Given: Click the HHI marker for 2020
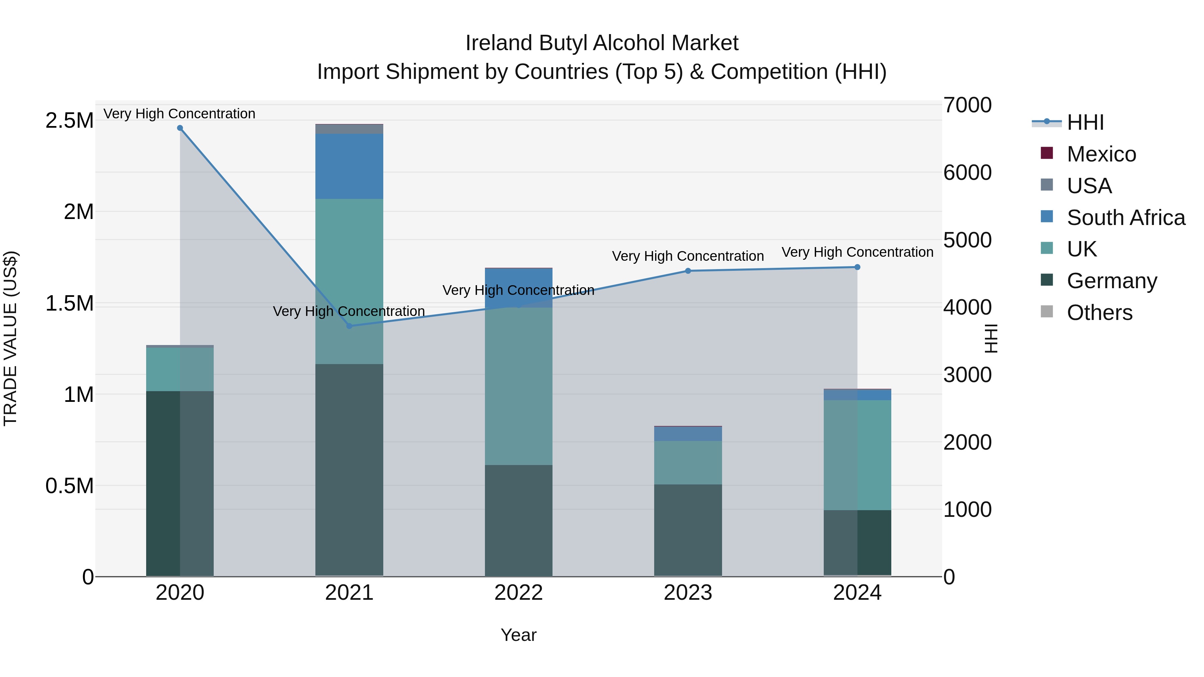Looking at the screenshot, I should click(x=180, y=128).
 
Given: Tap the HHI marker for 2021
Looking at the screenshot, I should click(x=349, y=326).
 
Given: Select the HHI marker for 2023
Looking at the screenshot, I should click(x=688, y=271).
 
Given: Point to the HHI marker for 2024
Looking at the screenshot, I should click(x=857, y=267).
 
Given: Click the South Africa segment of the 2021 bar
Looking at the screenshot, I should click(x=349, y=166).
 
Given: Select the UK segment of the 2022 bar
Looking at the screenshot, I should click(x=518, y=386).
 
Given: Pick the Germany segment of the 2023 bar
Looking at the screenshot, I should click(x=688, y=530).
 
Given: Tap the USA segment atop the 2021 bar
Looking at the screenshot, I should click(x=349, y=129).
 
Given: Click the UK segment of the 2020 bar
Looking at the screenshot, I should click(x=180, y=369).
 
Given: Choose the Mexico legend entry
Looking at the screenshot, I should click(x=1101, y=154).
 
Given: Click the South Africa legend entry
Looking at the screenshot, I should click(x=1125, y=218).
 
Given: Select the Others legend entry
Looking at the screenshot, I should click(x=1099, y=313).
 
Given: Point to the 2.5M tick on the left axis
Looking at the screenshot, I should click(x=69, y=121).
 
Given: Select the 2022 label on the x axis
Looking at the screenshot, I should click(x=518, y=593).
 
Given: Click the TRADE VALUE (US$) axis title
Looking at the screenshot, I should click(x=10, y=338).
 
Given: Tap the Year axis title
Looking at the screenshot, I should click(x=518, y=635).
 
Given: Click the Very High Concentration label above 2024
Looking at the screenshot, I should click(x=857, y=252).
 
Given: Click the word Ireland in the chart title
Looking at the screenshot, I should click(x=499, y=43).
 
